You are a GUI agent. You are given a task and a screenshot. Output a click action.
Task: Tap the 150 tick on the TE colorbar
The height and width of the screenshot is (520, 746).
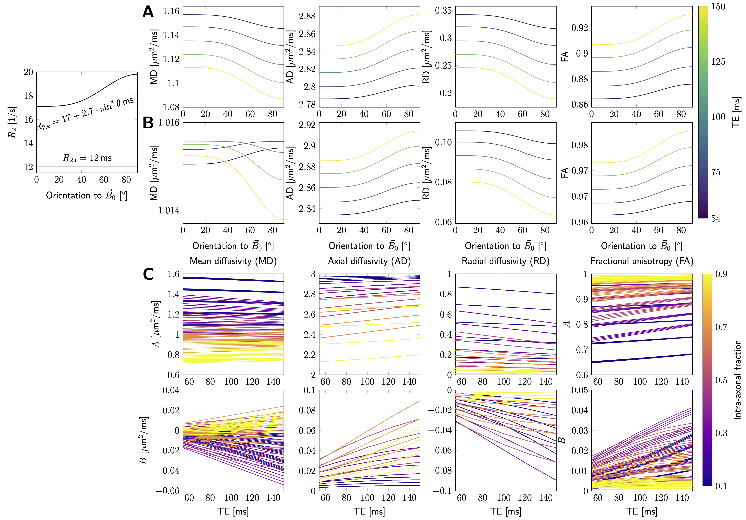[718, 6]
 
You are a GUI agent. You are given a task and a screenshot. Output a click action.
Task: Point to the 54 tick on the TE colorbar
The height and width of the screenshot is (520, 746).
[716, 219]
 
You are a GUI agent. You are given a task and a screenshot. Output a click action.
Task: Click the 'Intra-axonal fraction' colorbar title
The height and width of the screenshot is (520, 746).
[738, 380]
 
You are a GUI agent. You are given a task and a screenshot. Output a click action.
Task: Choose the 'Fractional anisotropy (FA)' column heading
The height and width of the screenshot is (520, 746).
[642, 261]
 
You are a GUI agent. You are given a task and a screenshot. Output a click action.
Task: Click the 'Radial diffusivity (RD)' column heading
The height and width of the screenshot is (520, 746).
[506, 261]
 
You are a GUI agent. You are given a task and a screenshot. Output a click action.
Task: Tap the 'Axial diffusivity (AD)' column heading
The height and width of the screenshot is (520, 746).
[369, 261]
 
